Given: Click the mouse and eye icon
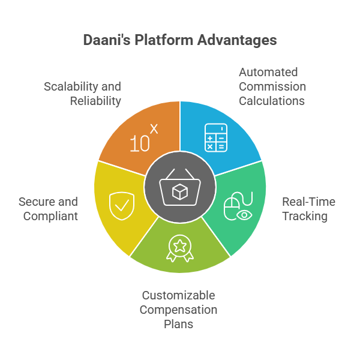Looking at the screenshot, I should pos(238,206).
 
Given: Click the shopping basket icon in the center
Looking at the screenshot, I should pos(180,190).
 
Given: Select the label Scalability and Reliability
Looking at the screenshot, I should pos(83,94).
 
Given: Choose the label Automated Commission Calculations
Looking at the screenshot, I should pos(272,86).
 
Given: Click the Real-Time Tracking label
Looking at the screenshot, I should pos(308,209).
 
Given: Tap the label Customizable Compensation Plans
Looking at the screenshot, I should pos(178,310).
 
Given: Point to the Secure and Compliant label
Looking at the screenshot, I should pos(48,209).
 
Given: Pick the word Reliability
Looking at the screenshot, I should pos(95,101).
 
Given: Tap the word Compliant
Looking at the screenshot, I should pos(50,216).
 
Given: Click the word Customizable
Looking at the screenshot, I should pos(178,295).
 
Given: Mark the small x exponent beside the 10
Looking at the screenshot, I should pos(154,128).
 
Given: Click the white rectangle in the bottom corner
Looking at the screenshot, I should pos(313,344).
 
